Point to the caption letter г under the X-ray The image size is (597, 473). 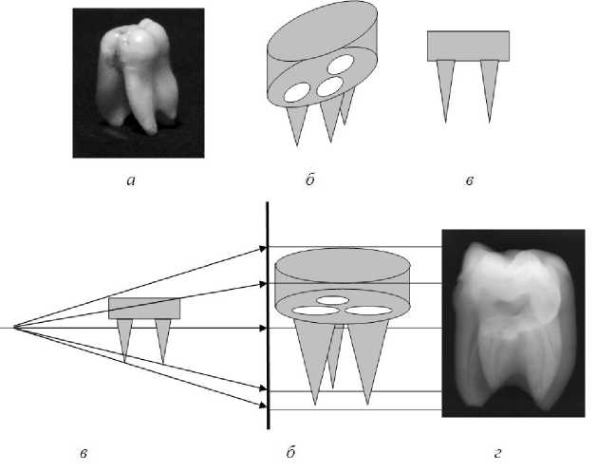pos(497,445)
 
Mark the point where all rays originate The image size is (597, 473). pos(13,328)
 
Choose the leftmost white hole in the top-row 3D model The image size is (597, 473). pos(296,92)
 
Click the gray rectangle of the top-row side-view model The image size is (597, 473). pos(468,46)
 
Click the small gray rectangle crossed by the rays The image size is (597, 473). pos(144,309)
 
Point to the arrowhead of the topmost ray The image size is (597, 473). pos(262,248)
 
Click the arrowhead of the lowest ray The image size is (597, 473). pos(262,406)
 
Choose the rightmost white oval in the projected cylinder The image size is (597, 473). pos(369,310)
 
